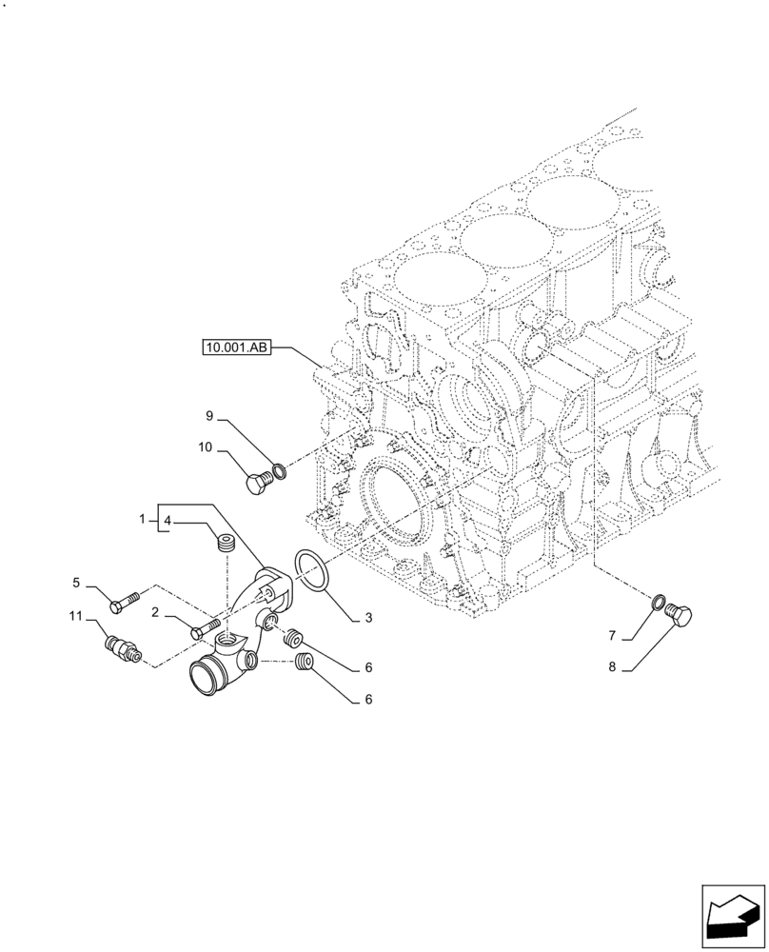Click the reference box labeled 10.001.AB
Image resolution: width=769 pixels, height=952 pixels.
click(x=237, y=348)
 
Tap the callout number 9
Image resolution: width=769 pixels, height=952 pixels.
click(x=208, y=415)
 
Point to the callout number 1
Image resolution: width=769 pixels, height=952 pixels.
click(x=142, y=520)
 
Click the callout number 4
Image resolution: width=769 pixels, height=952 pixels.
click(x=167, y=521)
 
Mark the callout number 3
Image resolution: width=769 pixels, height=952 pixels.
click(x=367, y=618)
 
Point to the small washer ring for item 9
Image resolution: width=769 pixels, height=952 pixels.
click(x=280, y=468)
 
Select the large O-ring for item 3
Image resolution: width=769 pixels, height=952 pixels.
click(x=311, y=570)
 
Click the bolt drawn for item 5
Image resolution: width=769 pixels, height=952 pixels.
click(x=126, y=601)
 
